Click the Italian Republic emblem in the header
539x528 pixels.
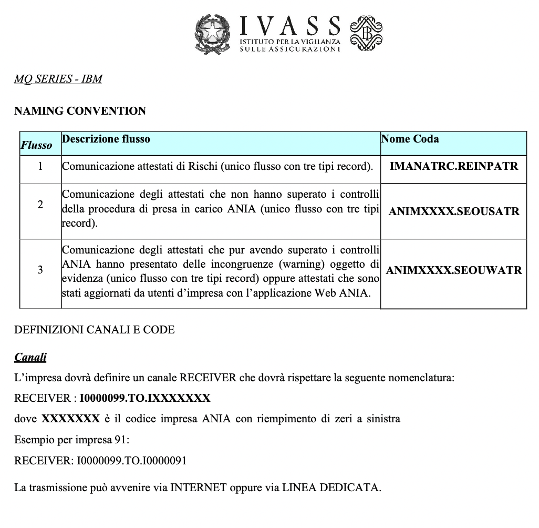[213, 34]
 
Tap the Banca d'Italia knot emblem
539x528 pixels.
[366, 34]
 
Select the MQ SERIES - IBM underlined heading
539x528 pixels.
[58, 79]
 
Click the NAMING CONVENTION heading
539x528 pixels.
[80, 111]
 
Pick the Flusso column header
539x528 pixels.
[36, 145]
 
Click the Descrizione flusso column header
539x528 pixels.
[106, 139]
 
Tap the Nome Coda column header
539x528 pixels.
[410, 139]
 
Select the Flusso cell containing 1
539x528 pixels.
[40, 167]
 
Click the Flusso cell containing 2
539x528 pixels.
[40, 205]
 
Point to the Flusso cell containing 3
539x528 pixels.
[40, 270]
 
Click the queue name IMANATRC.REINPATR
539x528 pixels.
[453, 166]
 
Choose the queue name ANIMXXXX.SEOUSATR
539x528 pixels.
[453, 211]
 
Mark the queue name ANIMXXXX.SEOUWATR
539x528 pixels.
[453, 271]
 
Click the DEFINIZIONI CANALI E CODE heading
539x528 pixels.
[95, 330]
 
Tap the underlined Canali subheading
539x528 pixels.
[30, 358]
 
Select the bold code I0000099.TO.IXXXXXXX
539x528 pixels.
[145, 398]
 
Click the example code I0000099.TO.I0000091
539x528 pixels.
[132, 461]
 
